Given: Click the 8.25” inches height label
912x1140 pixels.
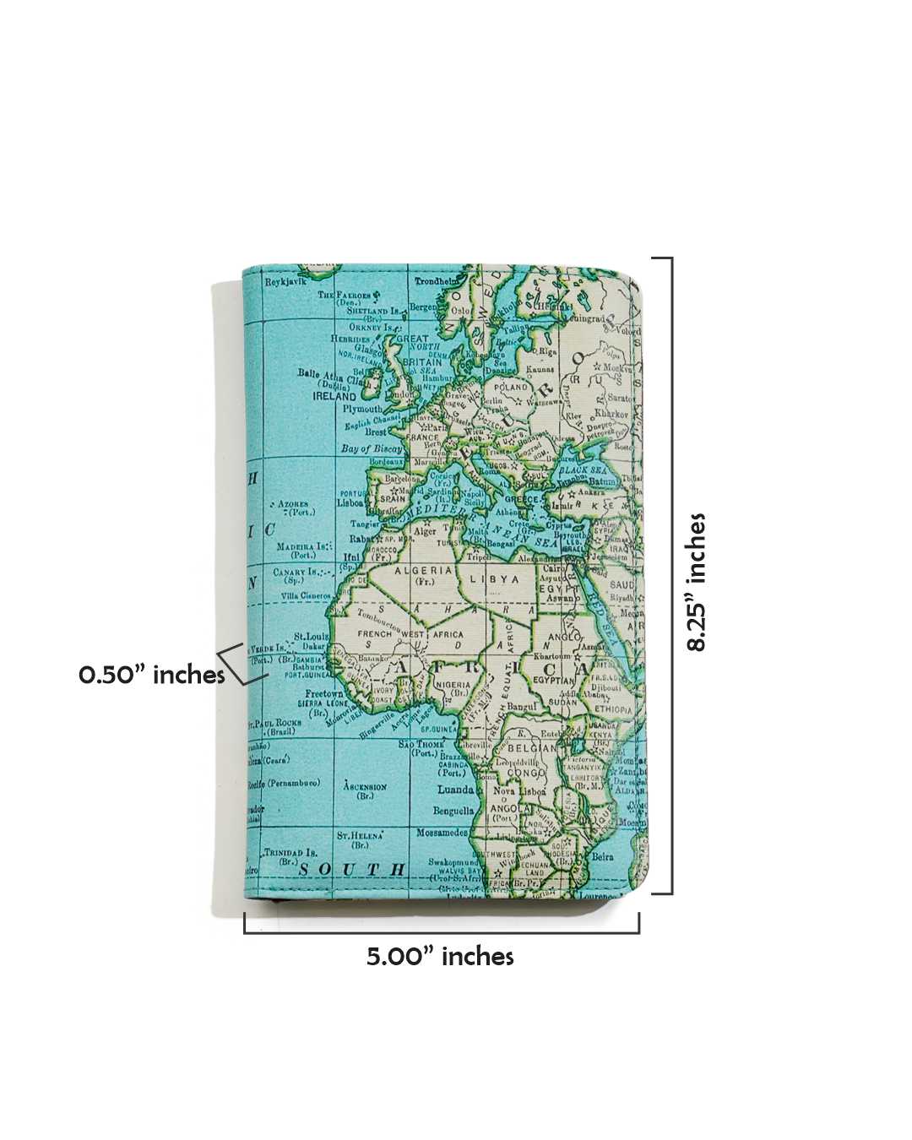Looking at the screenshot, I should click(697, 582).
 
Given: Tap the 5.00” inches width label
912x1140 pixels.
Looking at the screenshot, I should click(440, 957).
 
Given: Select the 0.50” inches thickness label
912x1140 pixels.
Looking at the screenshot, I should click(152, 675).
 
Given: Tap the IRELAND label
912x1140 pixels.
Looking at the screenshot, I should click(334, 395).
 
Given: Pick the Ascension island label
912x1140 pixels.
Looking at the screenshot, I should click(365, 786).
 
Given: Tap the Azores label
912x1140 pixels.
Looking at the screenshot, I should click(293, 504).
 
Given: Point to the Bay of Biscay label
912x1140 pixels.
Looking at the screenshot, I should click(372, 448).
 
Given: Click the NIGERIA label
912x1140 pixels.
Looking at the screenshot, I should click(453, 684).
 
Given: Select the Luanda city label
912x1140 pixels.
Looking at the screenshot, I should click(455, 790).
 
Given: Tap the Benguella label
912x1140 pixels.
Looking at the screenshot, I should click(453, 811).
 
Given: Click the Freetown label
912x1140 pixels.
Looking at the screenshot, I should click(324, 694).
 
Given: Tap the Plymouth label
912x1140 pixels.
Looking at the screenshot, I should click(362, 409).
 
